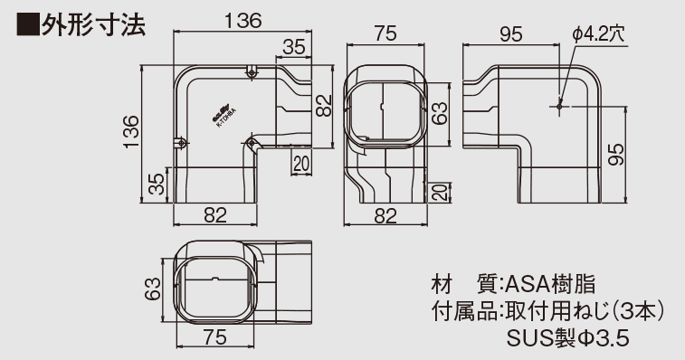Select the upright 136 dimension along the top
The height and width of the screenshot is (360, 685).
pyautogui.click(x=227, y=18)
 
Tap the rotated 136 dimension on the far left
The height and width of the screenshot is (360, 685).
pyautogui.click(x=132, y=133)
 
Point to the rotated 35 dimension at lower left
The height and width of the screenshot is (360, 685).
pyautogui.click(x=157, y=185)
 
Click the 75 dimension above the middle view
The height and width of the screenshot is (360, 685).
pyautogui.click(x=385, y=34)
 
